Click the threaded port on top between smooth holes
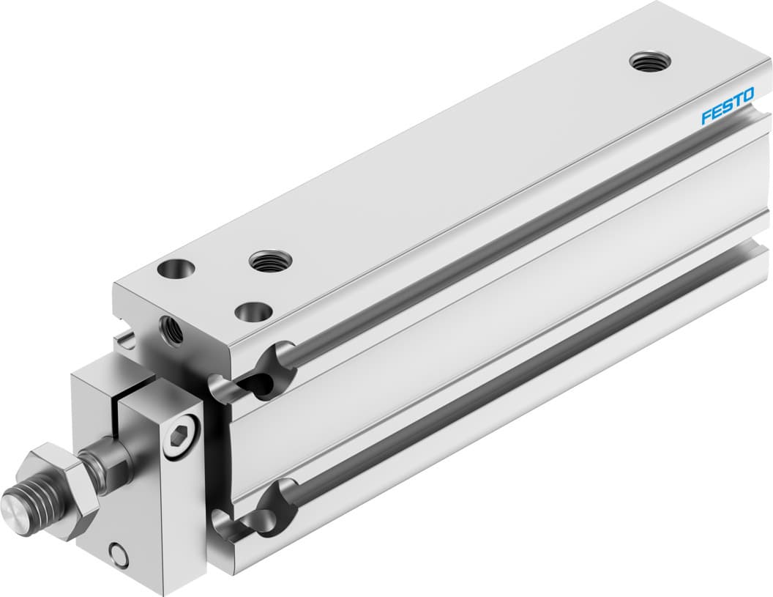tap(270, 259)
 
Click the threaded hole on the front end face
tap(172, 329)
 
